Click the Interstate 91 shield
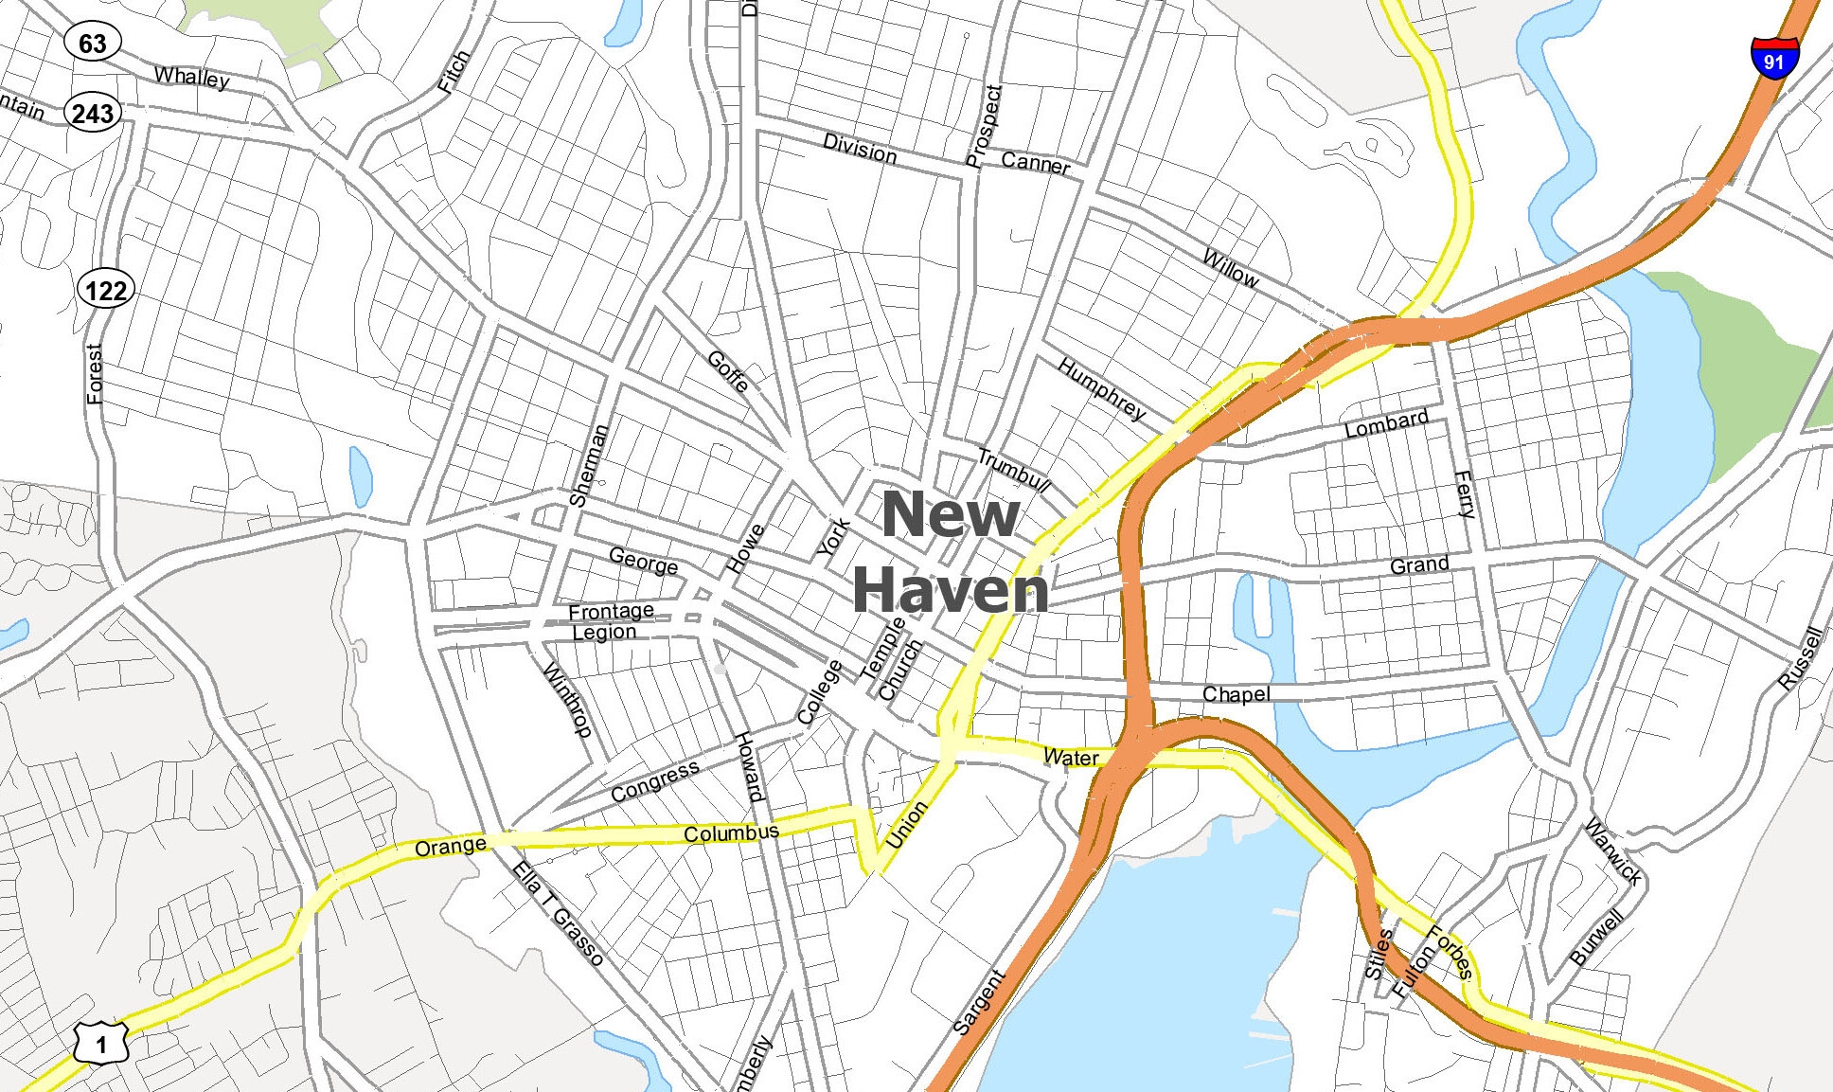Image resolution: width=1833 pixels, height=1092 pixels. (1774, 58)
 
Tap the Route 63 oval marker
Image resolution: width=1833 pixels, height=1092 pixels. (93, 43)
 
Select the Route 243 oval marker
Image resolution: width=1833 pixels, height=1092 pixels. (93, 114)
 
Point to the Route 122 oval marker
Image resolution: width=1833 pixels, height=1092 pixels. (105, 289)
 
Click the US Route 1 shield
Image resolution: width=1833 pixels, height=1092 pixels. (101, 1043)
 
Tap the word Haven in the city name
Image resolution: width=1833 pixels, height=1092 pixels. (950, 589)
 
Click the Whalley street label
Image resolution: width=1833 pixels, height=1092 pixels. (191, 77)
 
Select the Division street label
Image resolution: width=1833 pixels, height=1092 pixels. (860, 149)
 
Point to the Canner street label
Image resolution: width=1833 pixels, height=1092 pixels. (1035, 163)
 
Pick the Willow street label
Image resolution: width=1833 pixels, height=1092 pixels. (1230, 268)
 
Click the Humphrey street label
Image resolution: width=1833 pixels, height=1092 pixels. (1101, 388)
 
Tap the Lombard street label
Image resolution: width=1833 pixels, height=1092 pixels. (1386, 423)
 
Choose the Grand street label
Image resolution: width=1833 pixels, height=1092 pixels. (1419, 565)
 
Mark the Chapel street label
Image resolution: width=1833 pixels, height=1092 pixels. (1236, 694)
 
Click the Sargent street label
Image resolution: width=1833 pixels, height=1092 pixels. (978, 1002)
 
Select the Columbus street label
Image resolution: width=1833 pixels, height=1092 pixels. (731, 833)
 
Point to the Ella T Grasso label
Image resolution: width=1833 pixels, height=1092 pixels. (558, 913)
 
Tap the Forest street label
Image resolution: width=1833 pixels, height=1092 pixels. (94, 373)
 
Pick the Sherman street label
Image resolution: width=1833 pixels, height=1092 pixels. (588, 464)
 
